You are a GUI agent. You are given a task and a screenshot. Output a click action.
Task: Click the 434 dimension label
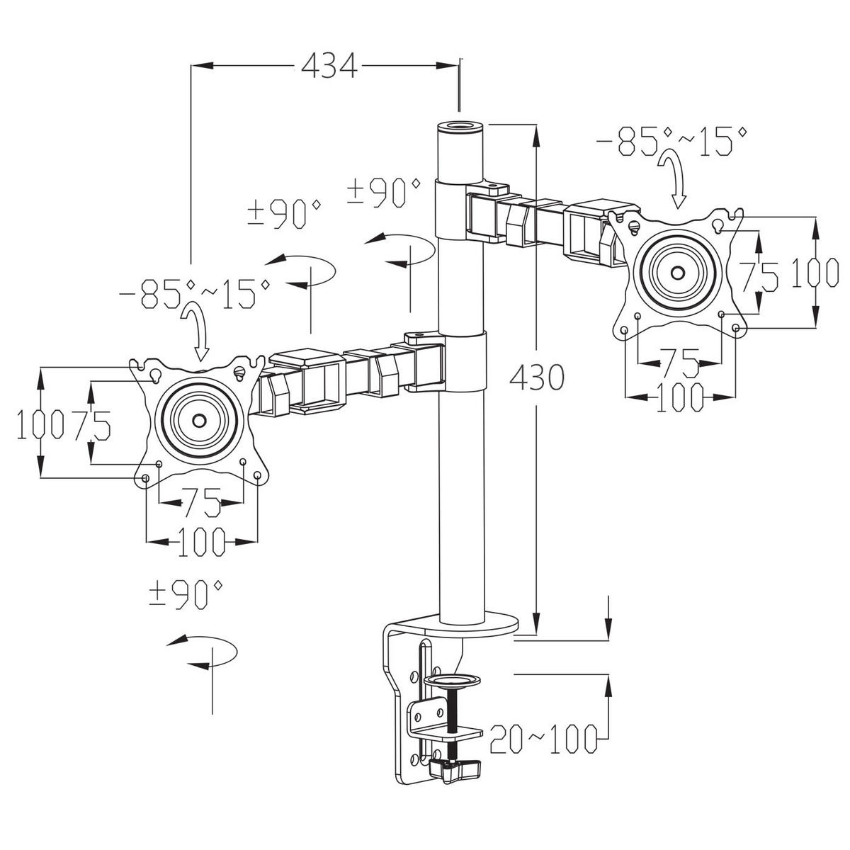tap(329, 66)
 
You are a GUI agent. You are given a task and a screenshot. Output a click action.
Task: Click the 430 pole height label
tap(537, 377)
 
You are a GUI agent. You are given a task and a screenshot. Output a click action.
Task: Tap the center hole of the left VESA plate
tap(199, 420)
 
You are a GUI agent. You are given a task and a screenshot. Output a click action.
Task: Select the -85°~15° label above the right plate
tap(671, 141)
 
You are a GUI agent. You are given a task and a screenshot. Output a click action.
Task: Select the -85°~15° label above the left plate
tap(195, 293)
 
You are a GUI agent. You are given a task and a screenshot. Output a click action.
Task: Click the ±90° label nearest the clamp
tap(186, 594)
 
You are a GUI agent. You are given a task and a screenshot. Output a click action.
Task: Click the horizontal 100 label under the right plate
tap(680, 397)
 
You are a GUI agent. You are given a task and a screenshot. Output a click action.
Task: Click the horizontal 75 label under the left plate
tap(200, 502)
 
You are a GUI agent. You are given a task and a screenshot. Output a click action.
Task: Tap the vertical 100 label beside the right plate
tap(815, 273)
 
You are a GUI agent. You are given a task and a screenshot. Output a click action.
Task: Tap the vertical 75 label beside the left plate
tap(92, 425)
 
